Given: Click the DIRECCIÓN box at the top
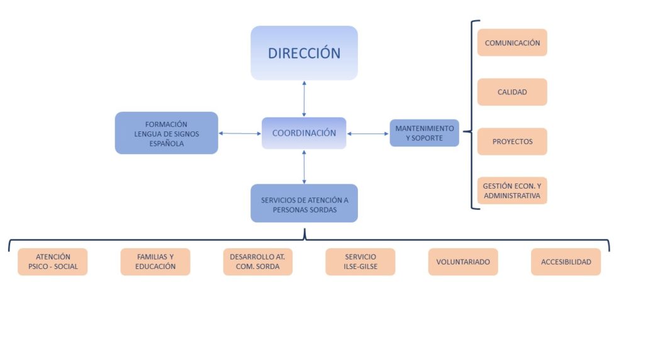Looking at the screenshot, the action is tap(304, 53).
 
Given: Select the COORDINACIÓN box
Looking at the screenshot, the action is tap(304, 133).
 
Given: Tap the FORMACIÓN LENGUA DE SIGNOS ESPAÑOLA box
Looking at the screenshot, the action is tap(167, 133).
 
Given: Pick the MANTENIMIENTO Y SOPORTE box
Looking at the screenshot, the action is tap(425, 133).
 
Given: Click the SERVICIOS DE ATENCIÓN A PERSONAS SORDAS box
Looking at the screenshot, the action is tap(304, 203).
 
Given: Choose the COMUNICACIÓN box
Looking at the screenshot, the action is tap(513, 43).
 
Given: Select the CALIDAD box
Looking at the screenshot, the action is tap(513, 92).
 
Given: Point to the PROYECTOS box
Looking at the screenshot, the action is tap(513, 141).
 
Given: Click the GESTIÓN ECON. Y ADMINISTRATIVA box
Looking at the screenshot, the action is tap(513, 190).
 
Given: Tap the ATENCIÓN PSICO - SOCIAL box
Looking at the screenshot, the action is tap(52, 262).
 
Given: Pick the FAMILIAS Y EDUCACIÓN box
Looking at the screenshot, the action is tap(155, 262).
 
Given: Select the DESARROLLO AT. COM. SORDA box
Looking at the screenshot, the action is tap(258, 262).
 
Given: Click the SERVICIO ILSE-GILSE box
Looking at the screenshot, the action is tap(360, 262).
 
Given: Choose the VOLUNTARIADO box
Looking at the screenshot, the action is tap(463, 262).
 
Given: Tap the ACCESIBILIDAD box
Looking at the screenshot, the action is tap(566, 262).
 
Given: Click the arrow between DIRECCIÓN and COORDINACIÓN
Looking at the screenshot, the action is tap(304, 99).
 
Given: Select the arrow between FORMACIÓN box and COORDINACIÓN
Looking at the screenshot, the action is tap(240, 133).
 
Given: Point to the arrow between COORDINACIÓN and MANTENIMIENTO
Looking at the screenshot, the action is tap(368, 134).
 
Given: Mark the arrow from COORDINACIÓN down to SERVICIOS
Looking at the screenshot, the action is tap(304, 167).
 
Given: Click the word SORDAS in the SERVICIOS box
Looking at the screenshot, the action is tap(324, 210).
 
